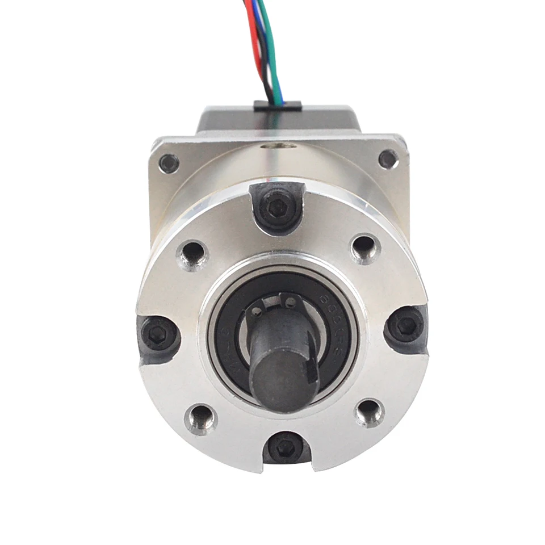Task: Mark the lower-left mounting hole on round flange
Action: pyautogui.click(x=202, y=419)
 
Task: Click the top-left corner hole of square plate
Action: pyautogui.click(x=169, y=163)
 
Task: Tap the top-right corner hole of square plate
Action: pyautogui.click(x=387, y=158)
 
